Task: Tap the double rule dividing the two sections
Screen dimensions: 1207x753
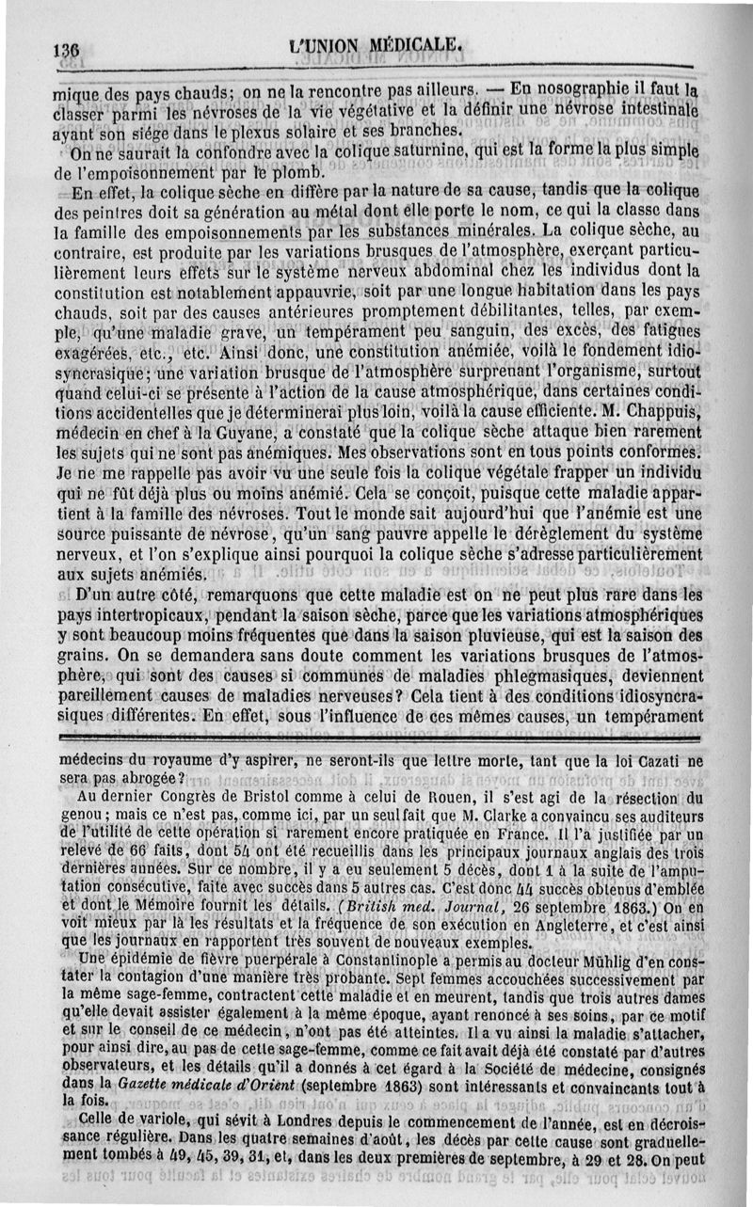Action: click(376, 735)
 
